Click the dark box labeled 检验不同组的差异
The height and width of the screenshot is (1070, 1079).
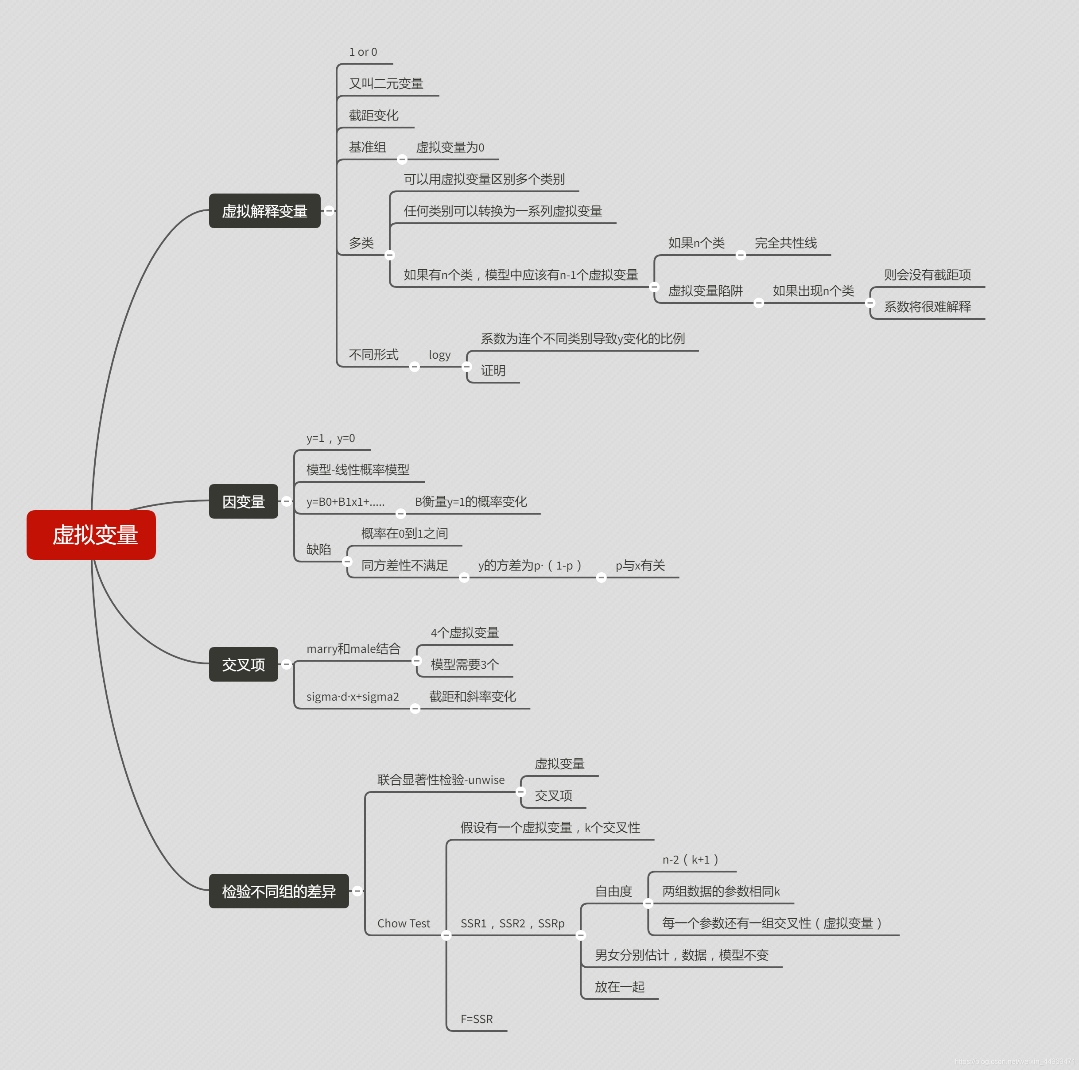point(278,891)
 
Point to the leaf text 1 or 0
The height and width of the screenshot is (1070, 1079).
point(363,52)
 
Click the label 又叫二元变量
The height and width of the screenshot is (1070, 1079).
point(386,84)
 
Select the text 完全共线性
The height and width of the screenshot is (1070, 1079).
point(785,243)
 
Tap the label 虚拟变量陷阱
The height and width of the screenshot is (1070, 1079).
point(705,291)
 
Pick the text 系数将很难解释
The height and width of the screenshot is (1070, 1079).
point(927,306)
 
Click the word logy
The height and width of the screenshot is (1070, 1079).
point(439,355)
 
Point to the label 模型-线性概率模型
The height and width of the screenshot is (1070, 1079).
point(357,469)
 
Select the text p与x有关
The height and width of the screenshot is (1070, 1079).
point(640,565)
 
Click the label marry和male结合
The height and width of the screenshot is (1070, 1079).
point(353,648)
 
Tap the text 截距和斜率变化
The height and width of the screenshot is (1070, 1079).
point(473,696)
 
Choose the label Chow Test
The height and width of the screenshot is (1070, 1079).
point(403,923)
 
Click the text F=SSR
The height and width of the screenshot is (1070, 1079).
point(477,1019)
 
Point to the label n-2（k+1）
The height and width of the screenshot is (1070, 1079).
point(690,860)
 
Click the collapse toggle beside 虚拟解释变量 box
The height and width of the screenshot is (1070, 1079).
point(329,210)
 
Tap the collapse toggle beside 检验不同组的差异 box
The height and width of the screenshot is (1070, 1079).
point(357,891)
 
